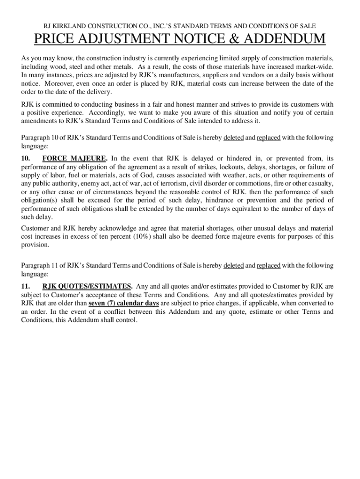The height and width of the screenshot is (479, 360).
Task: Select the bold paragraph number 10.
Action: tap(27, 159)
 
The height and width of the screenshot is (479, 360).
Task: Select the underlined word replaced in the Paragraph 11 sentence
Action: tap(268, 266)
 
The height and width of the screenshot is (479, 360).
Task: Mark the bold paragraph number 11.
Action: tap(27, 286)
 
